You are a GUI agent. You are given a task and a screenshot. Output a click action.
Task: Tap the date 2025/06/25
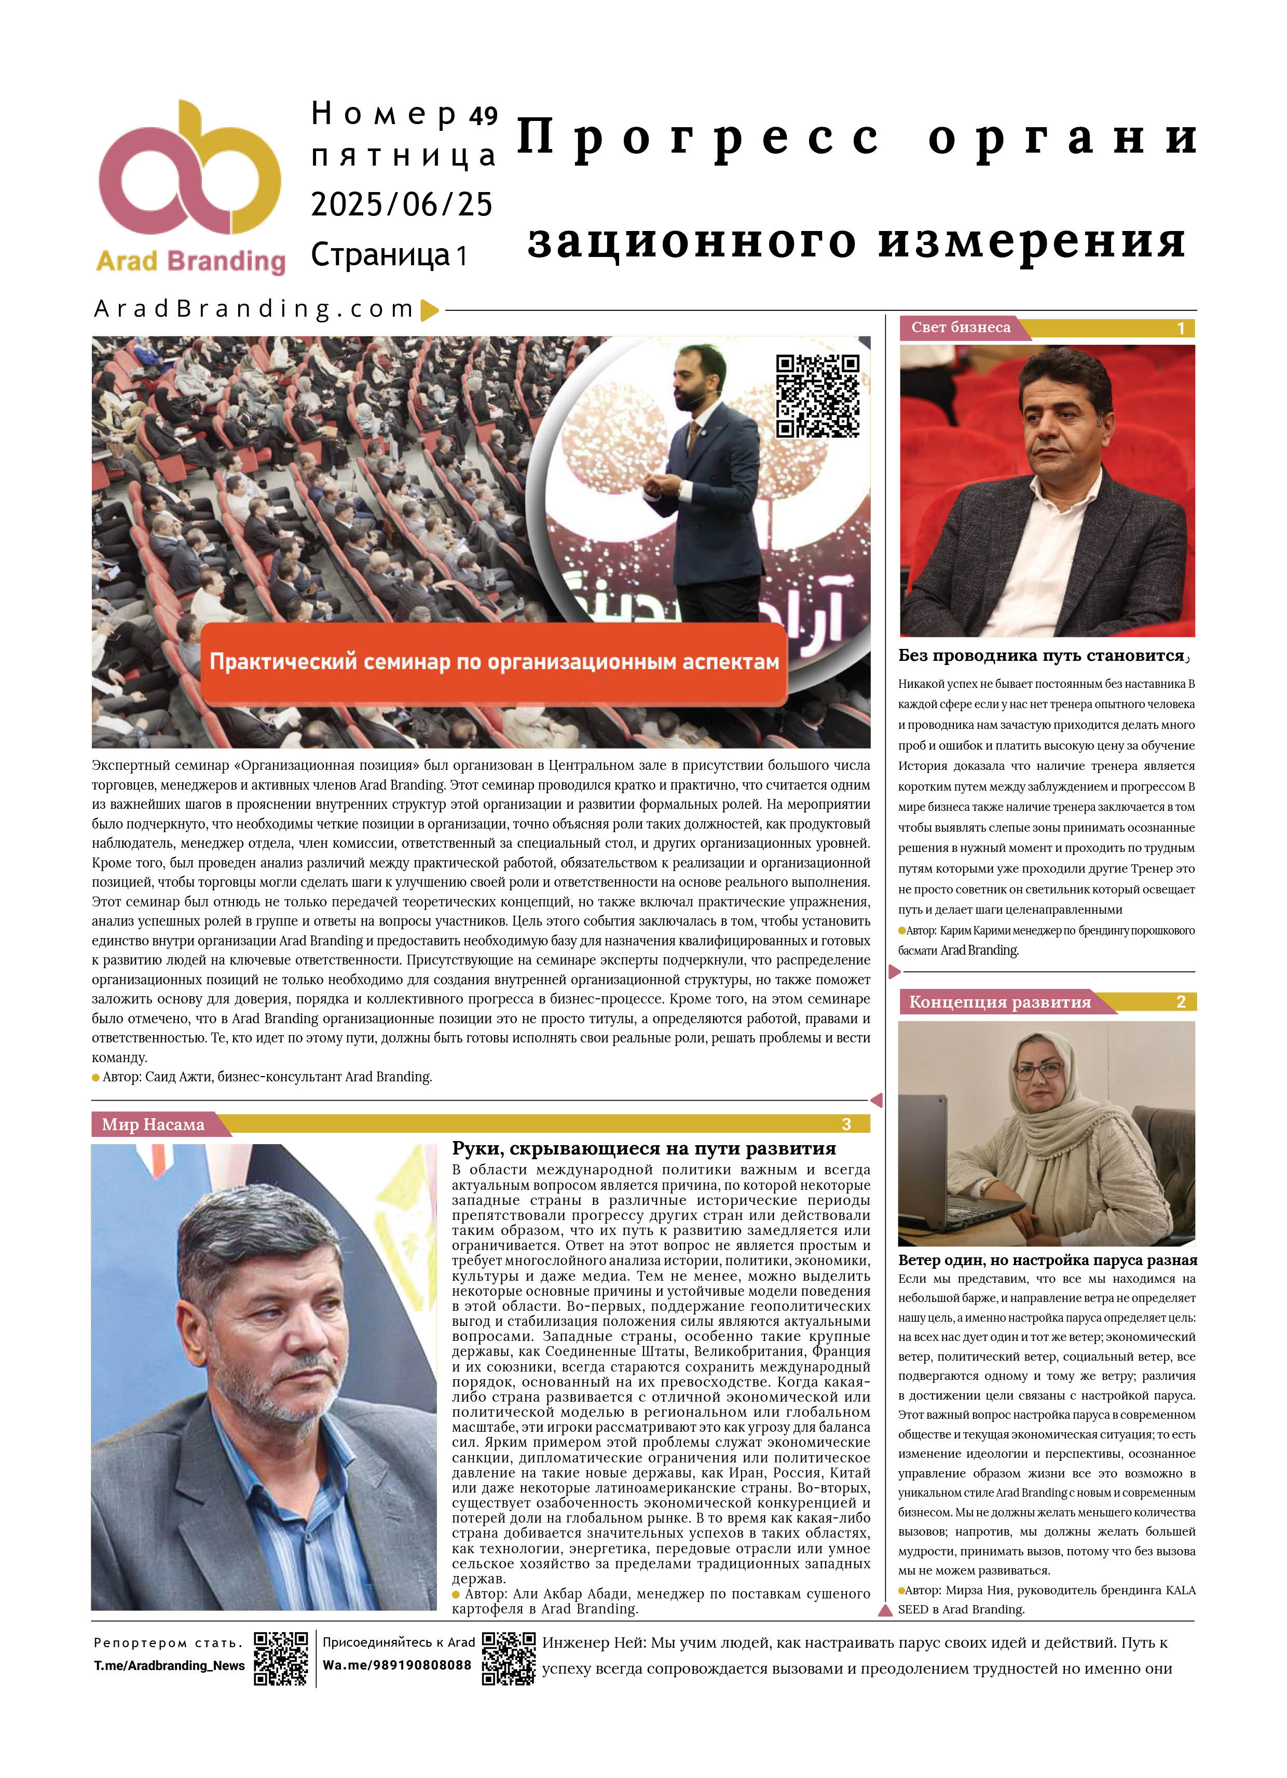(x=401, y=205)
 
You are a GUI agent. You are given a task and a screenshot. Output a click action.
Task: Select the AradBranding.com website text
(x=254, y=309)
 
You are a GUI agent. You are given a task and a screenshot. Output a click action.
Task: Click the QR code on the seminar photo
(x=817, y=396)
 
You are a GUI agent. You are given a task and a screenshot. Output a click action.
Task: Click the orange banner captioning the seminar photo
(x=494, y=662)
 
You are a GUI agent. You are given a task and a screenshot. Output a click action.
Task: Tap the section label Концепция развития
(x=1000, y=1002)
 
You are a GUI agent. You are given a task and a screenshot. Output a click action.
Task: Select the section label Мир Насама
(x=153, y=1124)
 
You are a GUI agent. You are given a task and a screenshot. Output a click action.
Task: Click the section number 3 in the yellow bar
(x=846, y=1124)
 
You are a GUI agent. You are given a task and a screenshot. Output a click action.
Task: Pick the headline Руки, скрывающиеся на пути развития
(x=643, y=1148)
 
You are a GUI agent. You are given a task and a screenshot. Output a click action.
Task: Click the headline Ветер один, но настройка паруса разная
(x=1047, y=1260)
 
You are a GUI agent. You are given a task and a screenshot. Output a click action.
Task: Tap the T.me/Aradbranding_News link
(x=169, y=1666)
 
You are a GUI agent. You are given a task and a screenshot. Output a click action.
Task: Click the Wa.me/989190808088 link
(x=396, y=1665)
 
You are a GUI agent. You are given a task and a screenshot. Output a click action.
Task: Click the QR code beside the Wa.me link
(x=508, y=1658)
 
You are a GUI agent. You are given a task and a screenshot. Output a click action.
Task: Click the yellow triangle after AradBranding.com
(x=429, y=310)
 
